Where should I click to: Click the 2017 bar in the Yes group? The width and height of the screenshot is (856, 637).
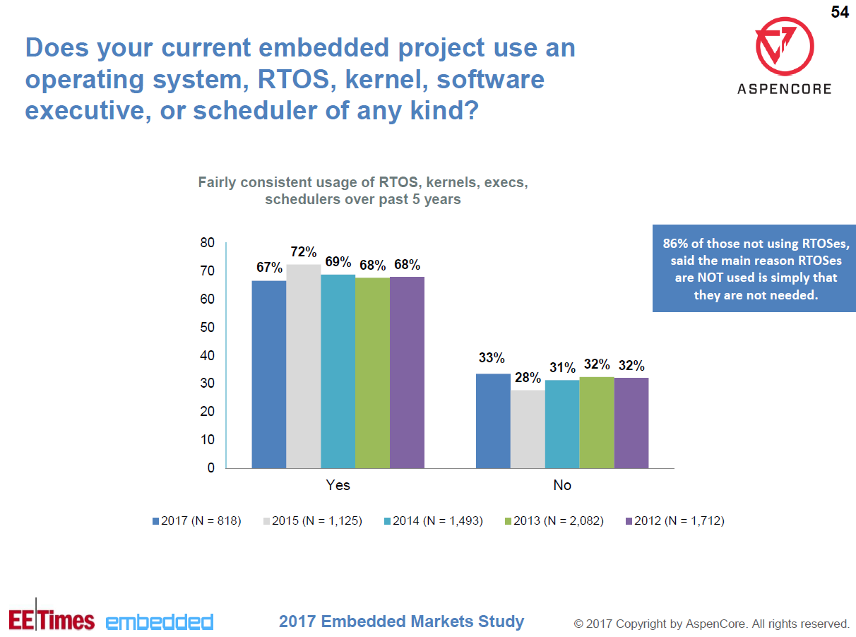click(x=269, y=374)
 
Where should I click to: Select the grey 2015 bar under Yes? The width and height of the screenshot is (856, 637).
click(x=304, y=366)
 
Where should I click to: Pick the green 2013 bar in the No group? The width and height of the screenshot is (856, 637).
click(x=597, y=422)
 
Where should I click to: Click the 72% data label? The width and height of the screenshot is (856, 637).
click(x=304, y=252)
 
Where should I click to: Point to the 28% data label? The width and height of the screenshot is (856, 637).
click(x=528, y=378)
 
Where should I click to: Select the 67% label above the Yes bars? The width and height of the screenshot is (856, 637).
click(x=269, y=268)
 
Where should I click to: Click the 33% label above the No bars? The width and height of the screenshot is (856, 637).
click(x=492, y=358)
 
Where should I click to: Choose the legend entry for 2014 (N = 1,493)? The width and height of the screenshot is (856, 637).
click(x=432, y=521)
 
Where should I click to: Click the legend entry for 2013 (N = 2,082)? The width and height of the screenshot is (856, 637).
click(x=553, y=521)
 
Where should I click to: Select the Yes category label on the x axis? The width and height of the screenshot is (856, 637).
click(x=338, y=486)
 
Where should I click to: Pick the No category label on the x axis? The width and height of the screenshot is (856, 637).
click(x=562, y=486)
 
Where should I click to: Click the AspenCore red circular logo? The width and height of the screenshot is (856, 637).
click(x=784, y=47)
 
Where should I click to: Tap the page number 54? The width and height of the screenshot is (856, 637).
click(x=839, y=12)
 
